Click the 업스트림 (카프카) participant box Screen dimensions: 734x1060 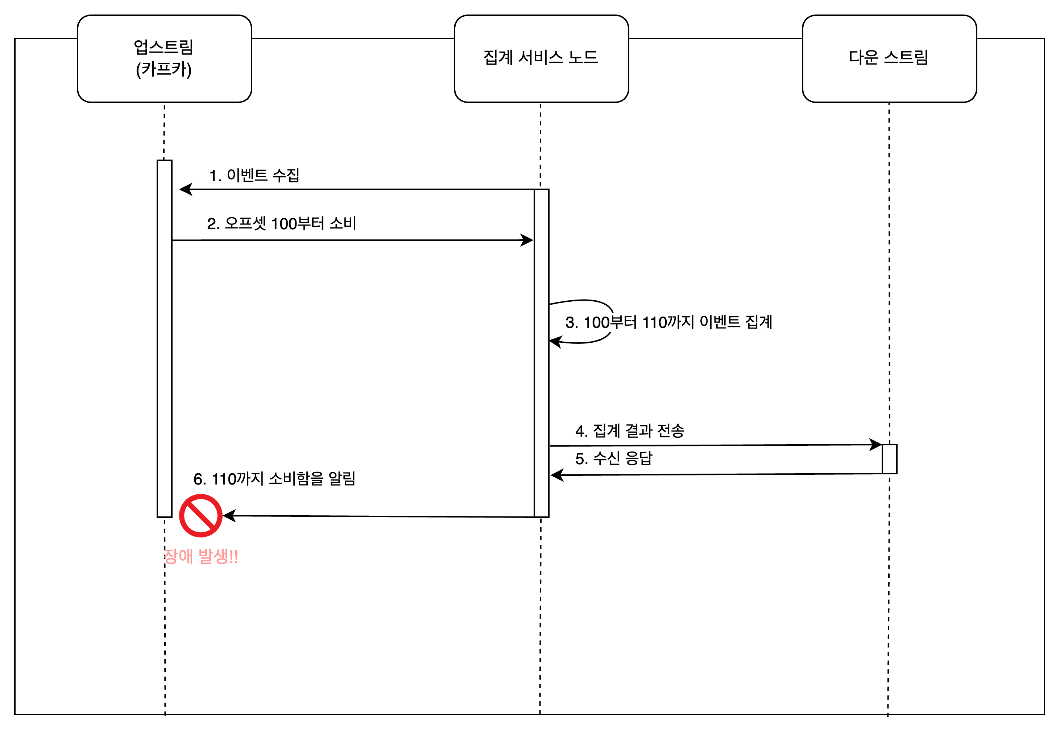[x=164, y=59]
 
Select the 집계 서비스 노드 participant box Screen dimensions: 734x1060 [x=541, y=59]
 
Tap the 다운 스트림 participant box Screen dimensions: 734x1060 [x=889, y=59]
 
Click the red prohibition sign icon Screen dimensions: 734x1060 [x=200, y=516]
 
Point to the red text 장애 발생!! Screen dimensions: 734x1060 [x=201, y=556]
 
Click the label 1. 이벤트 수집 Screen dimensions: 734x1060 [x=254, y=175]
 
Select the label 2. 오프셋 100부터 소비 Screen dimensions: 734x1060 [x=281, y=223]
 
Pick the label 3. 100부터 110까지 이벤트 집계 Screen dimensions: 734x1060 [x=668, y=322]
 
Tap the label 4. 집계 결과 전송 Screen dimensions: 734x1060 [x=630, y=430]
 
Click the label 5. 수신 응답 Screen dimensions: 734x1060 [x=614, y=458]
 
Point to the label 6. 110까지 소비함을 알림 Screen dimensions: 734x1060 [x=274, y=479]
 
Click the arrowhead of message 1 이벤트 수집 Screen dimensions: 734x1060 [x=185, y=189]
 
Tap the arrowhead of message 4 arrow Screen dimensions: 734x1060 [x=876, y=445]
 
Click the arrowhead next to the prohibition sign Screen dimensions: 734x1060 [x=229, y=516]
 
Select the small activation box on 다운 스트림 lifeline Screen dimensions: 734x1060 [x=890, y=459]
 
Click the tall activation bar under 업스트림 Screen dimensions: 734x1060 [x=165, y=338]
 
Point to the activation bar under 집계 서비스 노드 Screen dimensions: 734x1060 [x=542, y=353]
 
